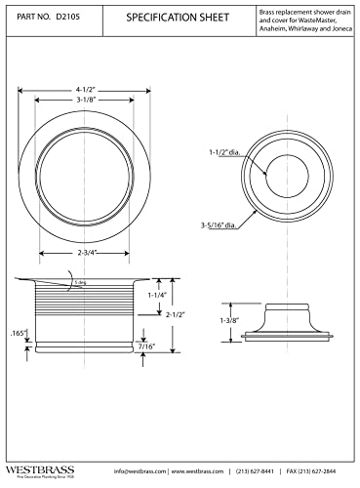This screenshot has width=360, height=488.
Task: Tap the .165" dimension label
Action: [17, 335]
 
